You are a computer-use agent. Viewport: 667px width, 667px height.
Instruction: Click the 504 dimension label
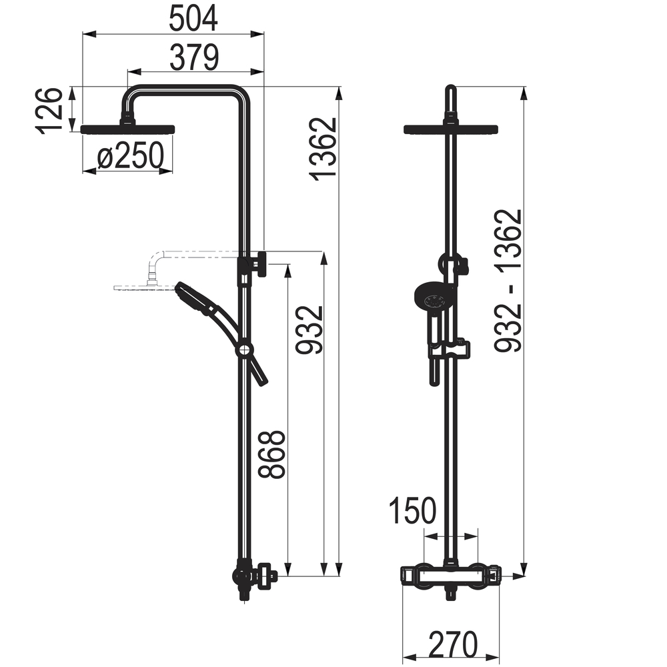coord(193,19)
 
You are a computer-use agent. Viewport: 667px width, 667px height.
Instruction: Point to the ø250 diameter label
coord(131,155)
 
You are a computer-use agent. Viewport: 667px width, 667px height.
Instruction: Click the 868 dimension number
coord(271,454)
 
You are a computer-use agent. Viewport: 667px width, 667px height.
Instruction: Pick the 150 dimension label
coord(413,510)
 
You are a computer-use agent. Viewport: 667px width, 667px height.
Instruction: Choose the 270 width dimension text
coord(453,644)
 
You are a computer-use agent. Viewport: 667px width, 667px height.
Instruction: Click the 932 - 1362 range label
coord(508,281)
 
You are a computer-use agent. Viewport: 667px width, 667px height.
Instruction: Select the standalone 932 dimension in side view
coord(309,329)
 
